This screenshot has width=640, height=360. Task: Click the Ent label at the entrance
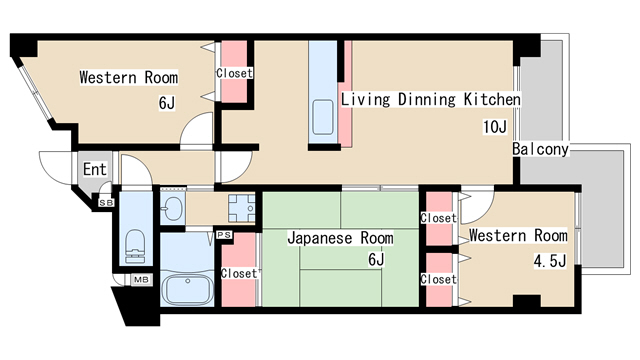click(x=95, y=169)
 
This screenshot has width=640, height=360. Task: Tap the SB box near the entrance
click(x=107, y=202)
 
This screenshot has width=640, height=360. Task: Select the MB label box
click(x=141, y=280)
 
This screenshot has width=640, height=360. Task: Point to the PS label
click(x=224, y=235)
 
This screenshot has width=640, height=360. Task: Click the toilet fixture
click(x=135, y=246)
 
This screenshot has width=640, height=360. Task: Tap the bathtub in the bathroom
click(x=187, y=289)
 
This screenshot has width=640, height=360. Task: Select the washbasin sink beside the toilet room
click(x=172, y=209)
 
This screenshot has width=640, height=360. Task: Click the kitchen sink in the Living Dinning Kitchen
click(x=323, y=117)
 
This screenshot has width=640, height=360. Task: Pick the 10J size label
click(x=495, y=127)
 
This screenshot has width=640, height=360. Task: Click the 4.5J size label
click(x=550, y=261)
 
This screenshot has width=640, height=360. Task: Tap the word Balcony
click(x=540, y=149)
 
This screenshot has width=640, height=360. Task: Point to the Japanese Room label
click(x=340, y=238)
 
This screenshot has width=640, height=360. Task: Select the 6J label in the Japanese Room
click(x=376, y=259)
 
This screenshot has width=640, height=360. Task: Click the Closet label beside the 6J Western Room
click(x=234, y=73)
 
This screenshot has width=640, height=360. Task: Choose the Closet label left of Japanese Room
click(x=239, y=273)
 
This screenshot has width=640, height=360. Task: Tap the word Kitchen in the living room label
click(x=492, y=99)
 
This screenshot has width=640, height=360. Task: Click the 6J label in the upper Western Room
click(x=167, y=103)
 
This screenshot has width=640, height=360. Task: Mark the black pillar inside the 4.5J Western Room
click(x=527, y=301)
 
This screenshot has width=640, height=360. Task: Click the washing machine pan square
click(x=242, y=208)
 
